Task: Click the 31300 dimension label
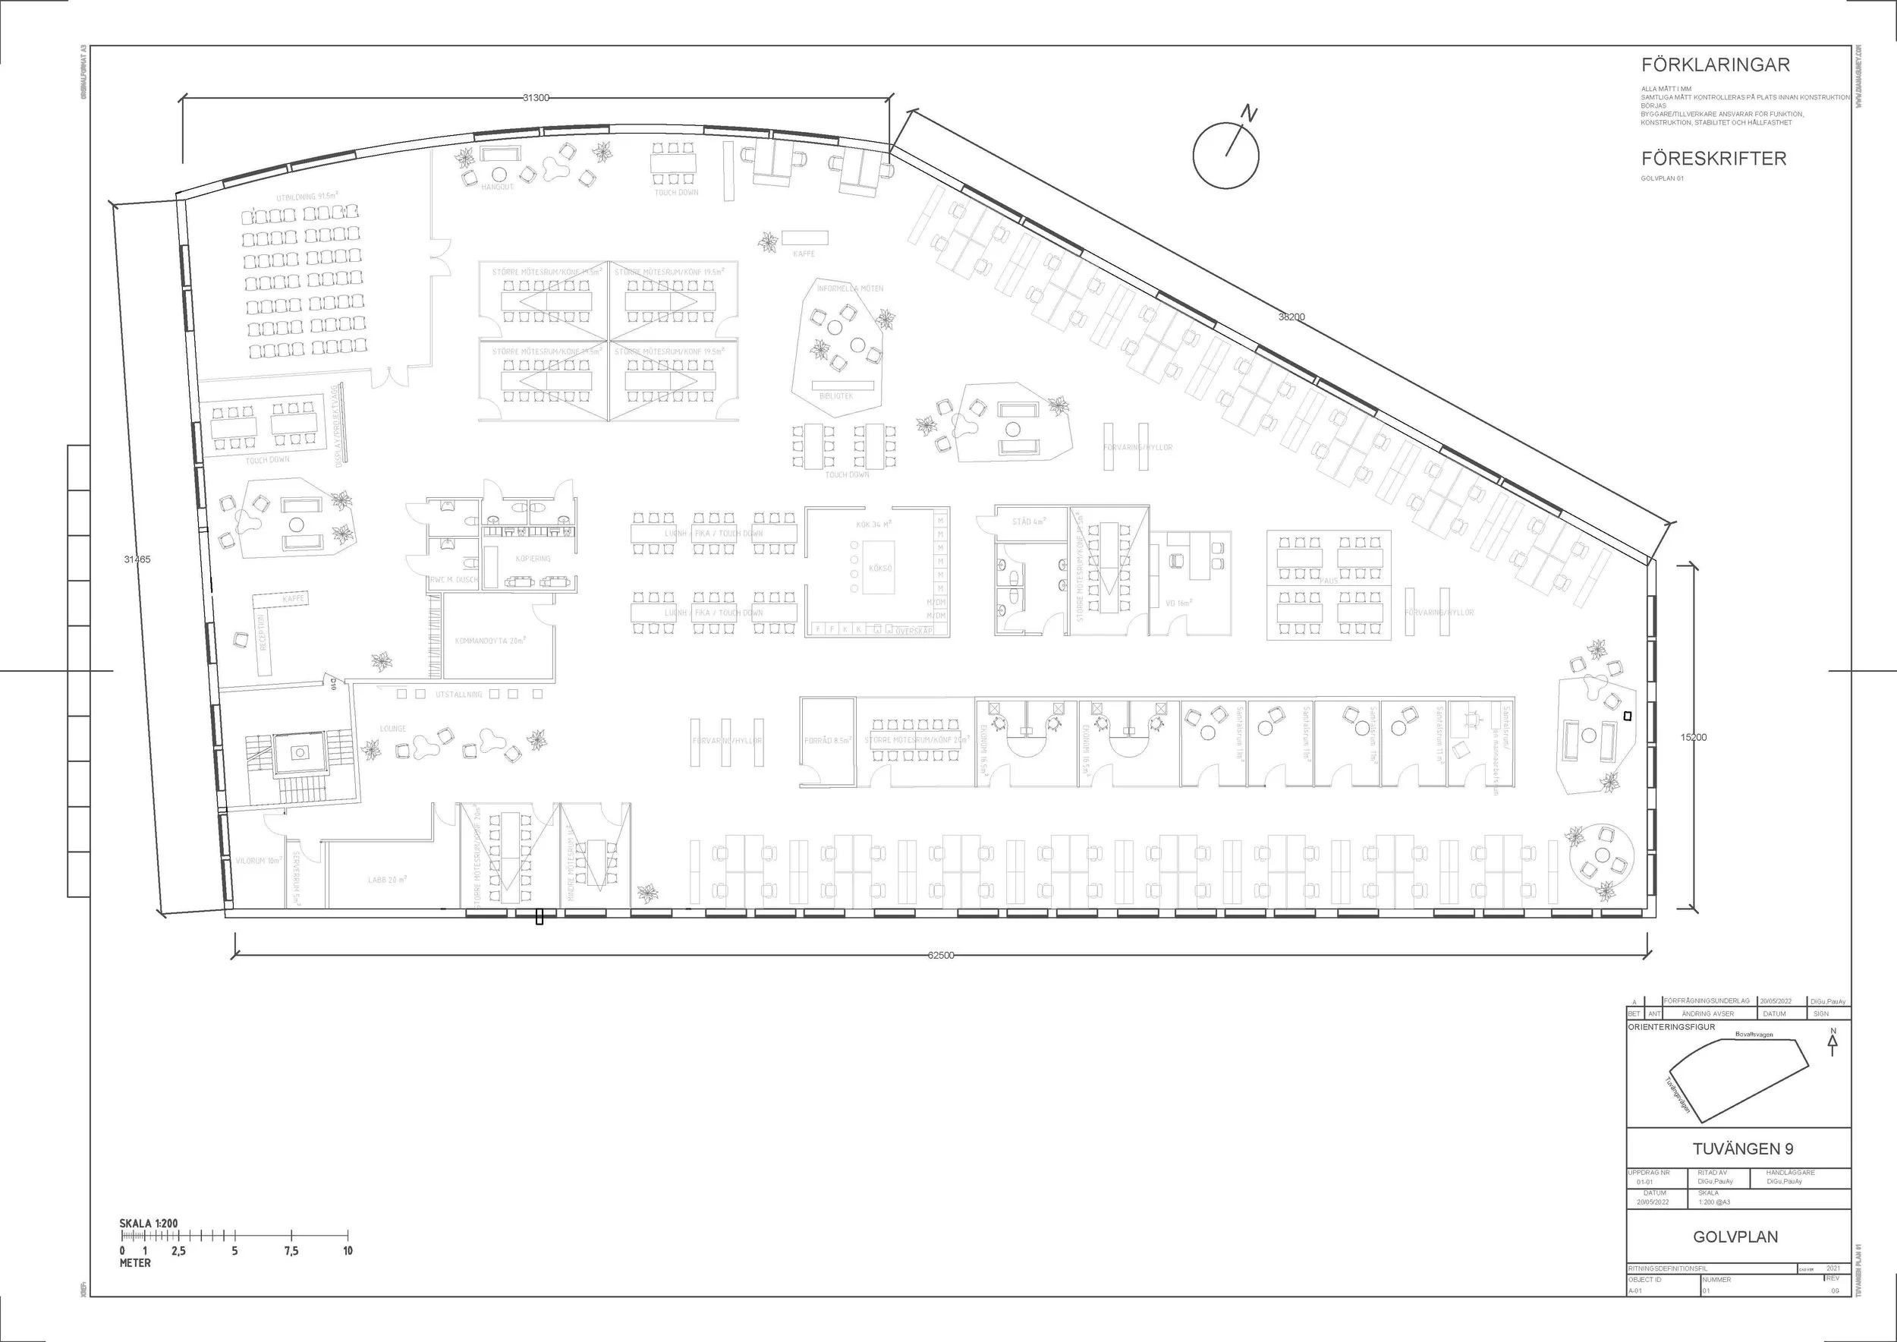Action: click(536, 97)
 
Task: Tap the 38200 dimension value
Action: click(1291, 317)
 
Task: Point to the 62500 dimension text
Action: click(940, 956)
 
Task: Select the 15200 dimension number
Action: click(1694, 737)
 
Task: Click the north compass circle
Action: click(1225, 155)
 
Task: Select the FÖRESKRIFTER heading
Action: click(1713, 158)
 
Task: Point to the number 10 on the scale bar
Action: click(348, 1251)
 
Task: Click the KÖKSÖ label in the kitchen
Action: click(880, 569)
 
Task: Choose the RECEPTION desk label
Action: click(263, 632)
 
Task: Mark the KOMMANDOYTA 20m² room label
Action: click(491, 641)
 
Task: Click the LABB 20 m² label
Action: click(387, 880)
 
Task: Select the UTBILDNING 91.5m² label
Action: click(307, 197)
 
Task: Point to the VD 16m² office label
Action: click(1179, 603)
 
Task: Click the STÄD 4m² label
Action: click(1030, 522)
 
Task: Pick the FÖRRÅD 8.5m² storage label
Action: click(827, 740)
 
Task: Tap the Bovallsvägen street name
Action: click(1754, 1035)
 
